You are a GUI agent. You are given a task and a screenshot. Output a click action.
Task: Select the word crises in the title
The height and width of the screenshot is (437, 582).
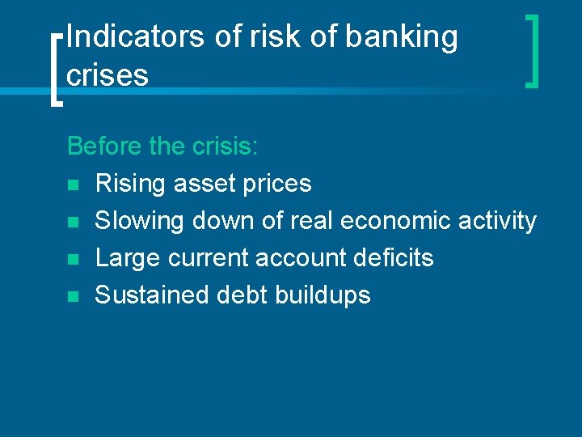(108, 75)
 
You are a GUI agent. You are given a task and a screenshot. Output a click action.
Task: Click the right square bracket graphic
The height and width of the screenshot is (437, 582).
(533, 50)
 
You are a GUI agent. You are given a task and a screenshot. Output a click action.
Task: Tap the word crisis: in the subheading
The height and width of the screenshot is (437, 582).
(226, 146)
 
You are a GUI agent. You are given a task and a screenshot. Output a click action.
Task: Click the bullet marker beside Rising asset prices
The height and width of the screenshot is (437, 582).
(73, 185)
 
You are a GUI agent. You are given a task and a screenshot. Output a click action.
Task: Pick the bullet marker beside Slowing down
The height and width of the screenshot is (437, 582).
(73, 222)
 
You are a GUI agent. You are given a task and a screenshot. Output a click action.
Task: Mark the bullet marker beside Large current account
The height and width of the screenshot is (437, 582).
(73, 259)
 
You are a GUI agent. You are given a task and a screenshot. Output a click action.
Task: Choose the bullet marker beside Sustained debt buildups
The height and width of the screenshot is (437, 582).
(73, 296)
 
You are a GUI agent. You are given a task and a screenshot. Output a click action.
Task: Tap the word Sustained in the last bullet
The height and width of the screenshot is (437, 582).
(152, 295)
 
